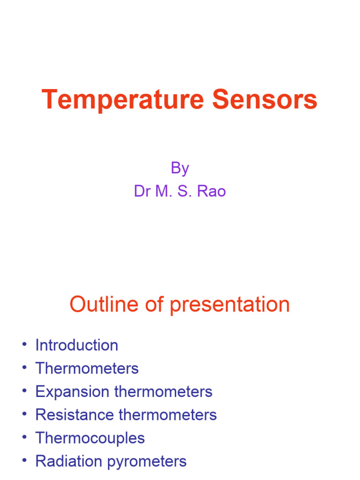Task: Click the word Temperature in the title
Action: click(122, 100)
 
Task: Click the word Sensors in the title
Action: click(265, 100)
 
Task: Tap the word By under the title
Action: click(180, 168)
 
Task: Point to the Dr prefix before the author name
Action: click(142, 191)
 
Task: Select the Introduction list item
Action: click(77, 345)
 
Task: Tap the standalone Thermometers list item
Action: click(87, 368)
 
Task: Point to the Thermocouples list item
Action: click(90, 438)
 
